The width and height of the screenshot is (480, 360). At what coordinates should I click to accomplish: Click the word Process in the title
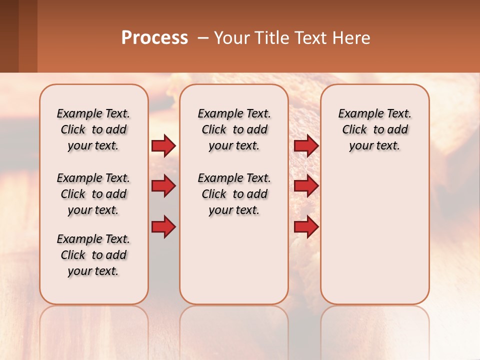tap(154, 38)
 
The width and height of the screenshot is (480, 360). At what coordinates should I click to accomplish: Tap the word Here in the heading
tap(352, 38)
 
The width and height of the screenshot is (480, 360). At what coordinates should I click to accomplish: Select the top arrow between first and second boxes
tap(163, 145)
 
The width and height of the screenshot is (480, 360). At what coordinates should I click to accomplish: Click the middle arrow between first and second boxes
tap(163, 186)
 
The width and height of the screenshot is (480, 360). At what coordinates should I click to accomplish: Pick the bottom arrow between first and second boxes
tap(163, 226)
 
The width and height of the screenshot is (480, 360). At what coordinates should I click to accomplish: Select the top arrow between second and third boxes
tap(306, 145)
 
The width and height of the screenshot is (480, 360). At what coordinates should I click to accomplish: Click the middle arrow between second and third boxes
tap(306, 186)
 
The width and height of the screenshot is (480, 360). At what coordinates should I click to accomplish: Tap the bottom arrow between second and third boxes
tap(306, 226)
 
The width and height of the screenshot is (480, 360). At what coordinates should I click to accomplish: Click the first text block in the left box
tap(93, 129)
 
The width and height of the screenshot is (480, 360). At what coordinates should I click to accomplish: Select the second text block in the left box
tap(93, 194)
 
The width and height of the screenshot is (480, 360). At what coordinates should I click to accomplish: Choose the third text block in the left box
tap(93, 255)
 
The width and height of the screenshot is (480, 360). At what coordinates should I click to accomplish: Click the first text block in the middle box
tap(234, 129)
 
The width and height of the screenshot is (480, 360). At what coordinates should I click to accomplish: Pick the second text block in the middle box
tap(234, 194)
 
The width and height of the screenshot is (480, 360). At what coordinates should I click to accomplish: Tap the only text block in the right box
tap(374, 129)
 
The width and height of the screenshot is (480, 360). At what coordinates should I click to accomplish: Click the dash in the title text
tap(203, 38)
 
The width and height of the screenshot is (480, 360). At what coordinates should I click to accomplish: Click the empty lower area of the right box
tap(374, 235)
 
